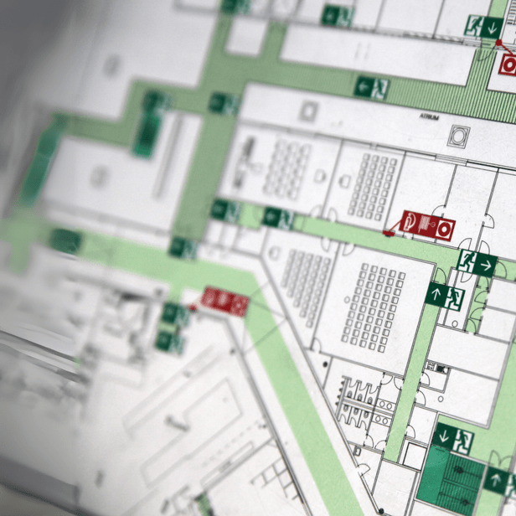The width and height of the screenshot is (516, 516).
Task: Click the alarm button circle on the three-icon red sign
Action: (x=444, y=227)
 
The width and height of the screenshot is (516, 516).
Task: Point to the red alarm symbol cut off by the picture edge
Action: (x=508, y=64)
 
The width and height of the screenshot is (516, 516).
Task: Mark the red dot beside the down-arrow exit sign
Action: (x=498, y=43)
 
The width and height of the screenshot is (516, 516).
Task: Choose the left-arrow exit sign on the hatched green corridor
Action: (x=371, y=85)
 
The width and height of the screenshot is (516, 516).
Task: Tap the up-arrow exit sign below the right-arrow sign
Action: (x=444, y=295)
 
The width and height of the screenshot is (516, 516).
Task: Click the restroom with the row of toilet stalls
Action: (x=360, y=398)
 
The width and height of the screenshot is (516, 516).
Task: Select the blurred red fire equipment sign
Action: (x=225, y=301)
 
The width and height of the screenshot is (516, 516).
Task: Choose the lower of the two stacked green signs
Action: (x=168, y=340)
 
